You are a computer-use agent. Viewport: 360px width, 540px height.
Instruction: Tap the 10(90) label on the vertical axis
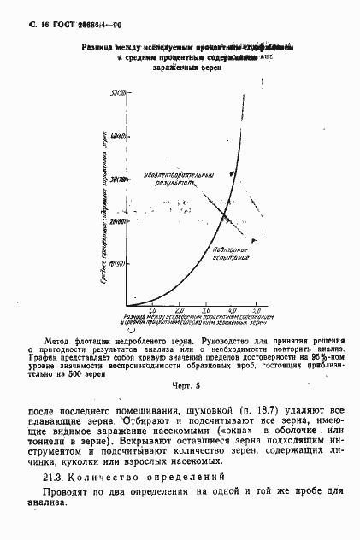pyautogui.click(x=119, y=264)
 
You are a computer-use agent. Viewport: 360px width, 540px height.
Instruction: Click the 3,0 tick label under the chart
pyautogui.click(x=205, y=310)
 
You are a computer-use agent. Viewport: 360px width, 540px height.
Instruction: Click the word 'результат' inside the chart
pyautogui.click(x=173, y=183)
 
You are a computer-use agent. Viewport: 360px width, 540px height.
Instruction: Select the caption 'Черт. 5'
pyautogui.click(x=180, y=384)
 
